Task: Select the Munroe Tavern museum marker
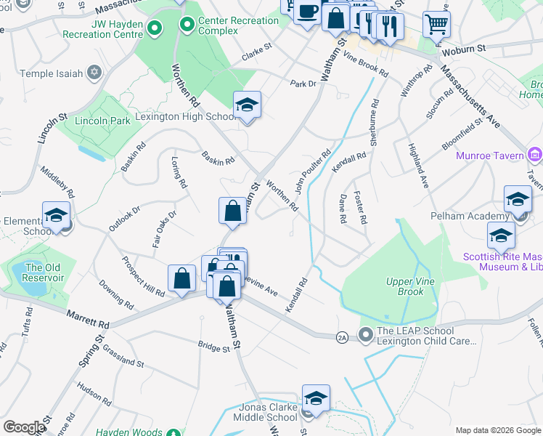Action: pos(535,155)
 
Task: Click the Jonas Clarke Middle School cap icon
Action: pos(316,398)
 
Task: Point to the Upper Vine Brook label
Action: pos(395,286)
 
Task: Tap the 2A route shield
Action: pos(341,337)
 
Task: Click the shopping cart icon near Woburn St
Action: pos(436,25)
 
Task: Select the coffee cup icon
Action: pos(308,11)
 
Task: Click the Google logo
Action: pos(23,427)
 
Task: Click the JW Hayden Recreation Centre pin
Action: pos(154,29)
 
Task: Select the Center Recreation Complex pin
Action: pos(187,25)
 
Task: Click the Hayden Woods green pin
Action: pos(173,432)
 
